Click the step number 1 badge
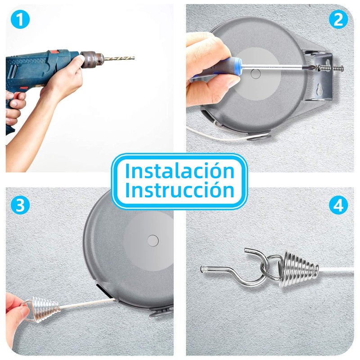coord(19,19)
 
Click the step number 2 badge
coord(338,19)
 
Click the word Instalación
coord(180,171)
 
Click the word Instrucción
coord(180,190)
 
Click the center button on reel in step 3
coord(152,240)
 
